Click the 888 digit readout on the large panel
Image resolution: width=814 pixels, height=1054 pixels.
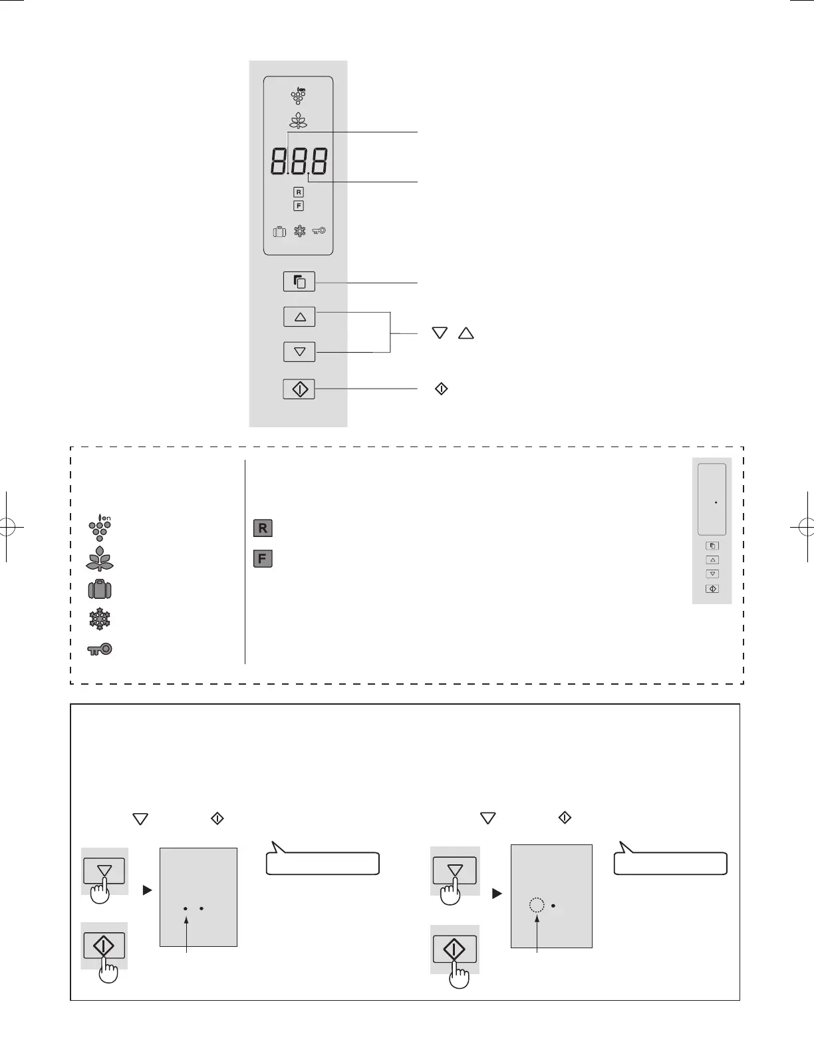pyautogui.click(x=299, y=161)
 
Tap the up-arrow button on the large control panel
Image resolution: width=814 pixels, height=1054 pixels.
pyautogui.click(x=299, y=317)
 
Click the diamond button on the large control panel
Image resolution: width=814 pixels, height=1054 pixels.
pyautogui.click(x=299, y=389)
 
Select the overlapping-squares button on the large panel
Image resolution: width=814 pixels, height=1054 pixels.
pyautogui.click(x=299, y=281)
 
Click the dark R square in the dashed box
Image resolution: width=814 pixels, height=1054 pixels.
pyautogui.click(x=263, y=528)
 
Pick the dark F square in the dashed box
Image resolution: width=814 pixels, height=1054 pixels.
pyautogui.click(x=263, y=559)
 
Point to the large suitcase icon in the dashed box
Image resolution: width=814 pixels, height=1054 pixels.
pyautogui.click(x=100, y=590)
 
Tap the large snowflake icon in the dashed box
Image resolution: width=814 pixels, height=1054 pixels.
pyautogui.click(x=100, y=619)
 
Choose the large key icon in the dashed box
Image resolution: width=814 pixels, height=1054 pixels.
pyautogui.click(x=100, y=649)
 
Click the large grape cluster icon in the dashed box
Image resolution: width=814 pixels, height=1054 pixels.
pyautogui.click(x=100, y=528)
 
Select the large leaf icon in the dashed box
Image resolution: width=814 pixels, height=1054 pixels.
pyautogui.click(x=100, y=559)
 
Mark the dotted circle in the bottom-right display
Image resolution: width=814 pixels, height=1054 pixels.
pyautogui.click(x=537, y=905)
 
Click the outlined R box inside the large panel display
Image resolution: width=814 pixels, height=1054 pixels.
pyautogui.click(x=299, y=192)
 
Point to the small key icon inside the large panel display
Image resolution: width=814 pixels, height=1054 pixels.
pyautogui.click(x=319, y=231)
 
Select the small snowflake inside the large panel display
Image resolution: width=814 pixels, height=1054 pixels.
pyautogui.click(x=300, y=231)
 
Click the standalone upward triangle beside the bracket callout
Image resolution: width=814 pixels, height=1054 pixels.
pyautogui.click(x=466, y=333)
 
